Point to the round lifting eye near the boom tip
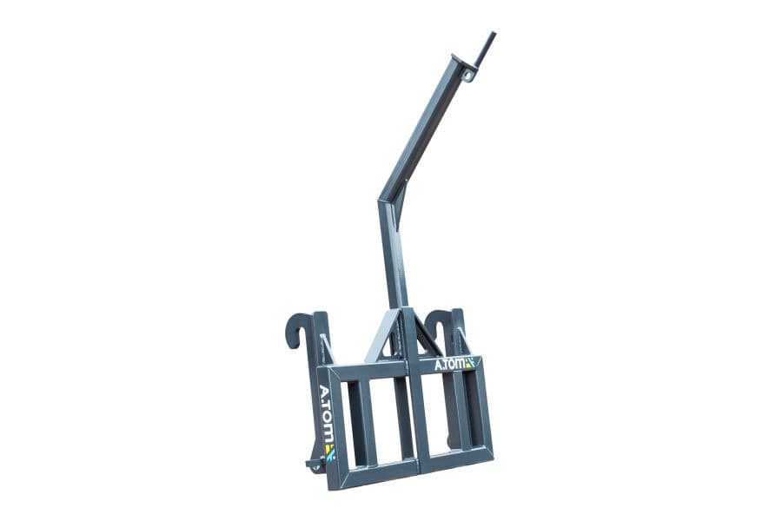pos(468,76)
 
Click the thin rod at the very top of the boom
pos(486,48)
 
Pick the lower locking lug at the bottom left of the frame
pos(314,465)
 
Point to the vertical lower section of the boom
pos(393,260)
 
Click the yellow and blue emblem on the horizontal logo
pos(469,362)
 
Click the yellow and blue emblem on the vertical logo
pos(329,451)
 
